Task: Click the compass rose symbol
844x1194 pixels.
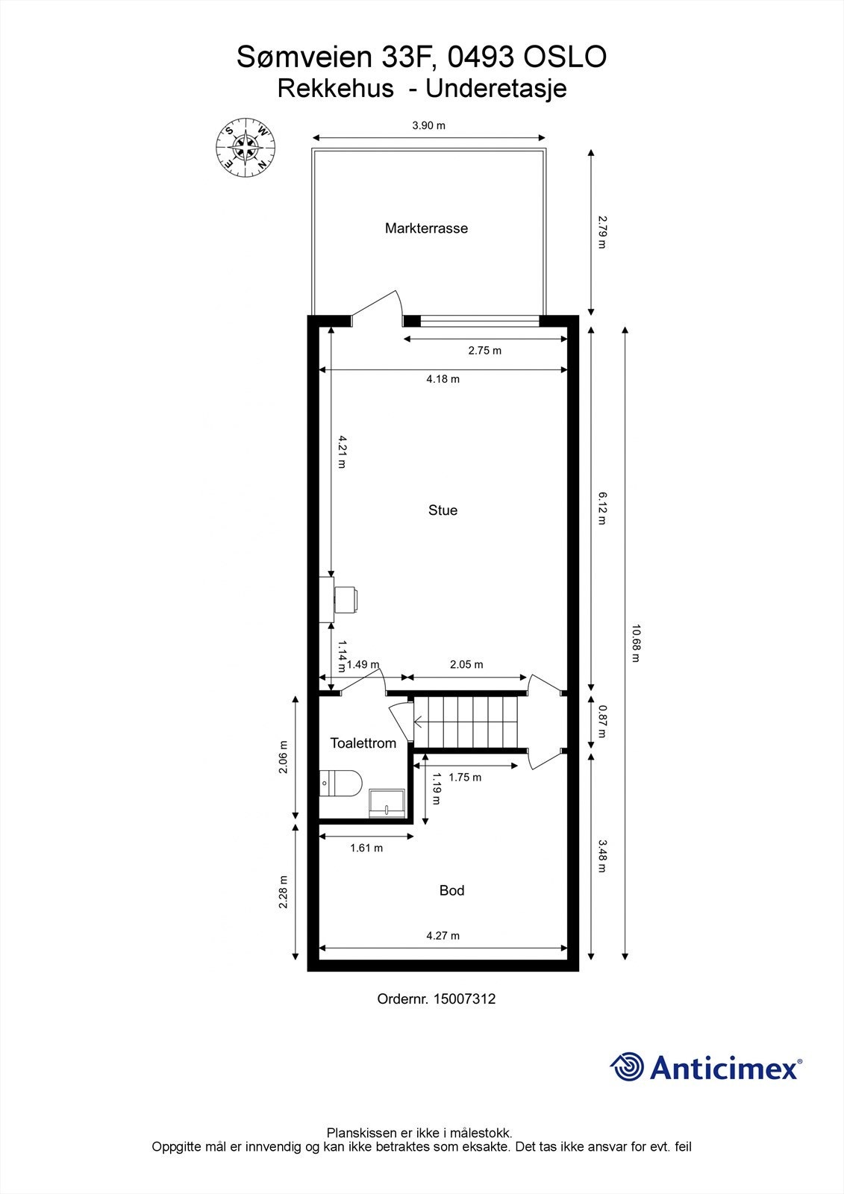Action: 246,149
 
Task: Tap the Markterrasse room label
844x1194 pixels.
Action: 426,228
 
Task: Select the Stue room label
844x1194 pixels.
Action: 443,510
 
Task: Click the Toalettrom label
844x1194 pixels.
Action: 363,743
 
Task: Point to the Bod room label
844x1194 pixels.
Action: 451,890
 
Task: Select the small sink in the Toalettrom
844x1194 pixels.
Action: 387,804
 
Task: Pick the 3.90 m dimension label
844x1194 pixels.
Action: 428,125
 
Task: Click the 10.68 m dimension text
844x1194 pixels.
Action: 635,643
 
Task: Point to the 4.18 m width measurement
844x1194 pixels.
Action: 443,379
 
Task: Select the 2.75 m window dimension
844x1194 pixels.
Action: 484,350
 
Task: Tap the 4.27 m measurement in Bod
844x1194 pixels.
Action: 443,936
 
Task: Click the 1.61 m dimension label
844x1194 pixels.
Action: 366,848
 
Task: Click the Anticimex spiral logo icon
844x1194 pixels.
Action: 627,1067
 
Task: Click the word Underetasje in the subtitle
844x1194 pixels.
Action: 496,89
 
